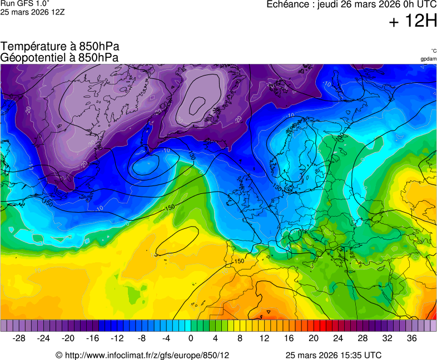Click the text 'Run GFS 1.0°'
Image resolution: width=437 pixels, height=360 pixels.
25,3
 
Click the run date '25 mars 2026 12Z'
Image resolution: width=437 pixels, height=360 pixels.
32,12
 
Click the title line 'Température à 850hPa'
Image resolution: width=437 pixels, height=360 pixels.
60,47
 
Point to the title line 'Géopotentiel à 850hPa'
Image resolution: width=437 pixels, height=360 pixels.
59,57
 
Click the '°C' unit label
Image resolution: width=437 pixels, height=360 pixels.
433,51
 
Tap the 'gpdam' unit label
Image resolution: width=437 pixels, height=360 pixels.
428,59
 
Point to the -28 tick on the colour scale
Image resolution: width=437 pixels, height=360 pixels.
19,338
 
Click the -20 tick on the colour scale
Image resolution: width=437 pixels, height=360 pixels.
68,338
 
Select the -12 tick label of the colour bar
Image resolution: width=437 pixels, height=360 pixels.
117,338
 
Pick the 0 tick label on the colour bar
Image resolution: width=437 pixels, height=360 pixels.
191,338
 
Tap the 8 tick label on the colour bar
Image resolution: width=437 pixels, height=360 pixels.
240,338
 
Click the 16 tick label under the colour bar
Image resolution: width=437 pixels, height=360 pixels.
289,338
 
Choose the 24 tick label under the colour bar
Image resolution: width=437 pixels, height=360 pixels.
338,338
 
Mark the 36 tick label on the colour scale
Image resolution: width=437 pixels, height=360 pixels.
411,338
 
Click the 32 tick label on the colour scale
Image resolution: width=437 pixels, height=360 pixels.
387,338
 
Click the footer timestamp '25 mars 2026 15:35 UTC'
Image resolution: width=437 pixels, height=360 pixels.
333,355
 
